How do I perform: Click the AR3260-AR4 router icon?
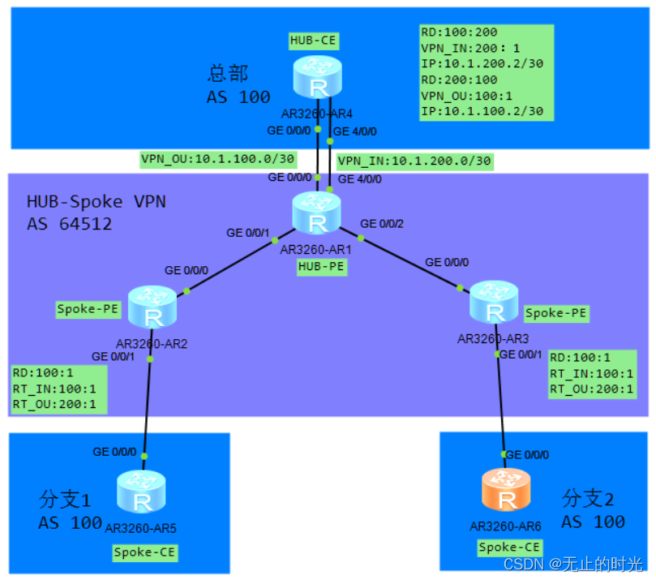point(317,78)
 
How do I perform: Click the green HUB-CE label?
point(314,40)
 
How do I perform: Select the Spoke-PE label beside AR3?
point(555,312)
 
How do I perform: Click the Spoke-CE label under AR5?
point(144,552)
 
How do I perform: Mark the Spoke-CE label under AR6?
point(508,547)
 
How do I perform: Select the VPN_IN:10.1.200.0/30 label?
point(414,161)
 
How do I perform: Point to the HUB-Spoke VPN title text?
point(96,201)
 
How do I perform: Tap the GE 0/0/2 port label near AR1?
point(382,223)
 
